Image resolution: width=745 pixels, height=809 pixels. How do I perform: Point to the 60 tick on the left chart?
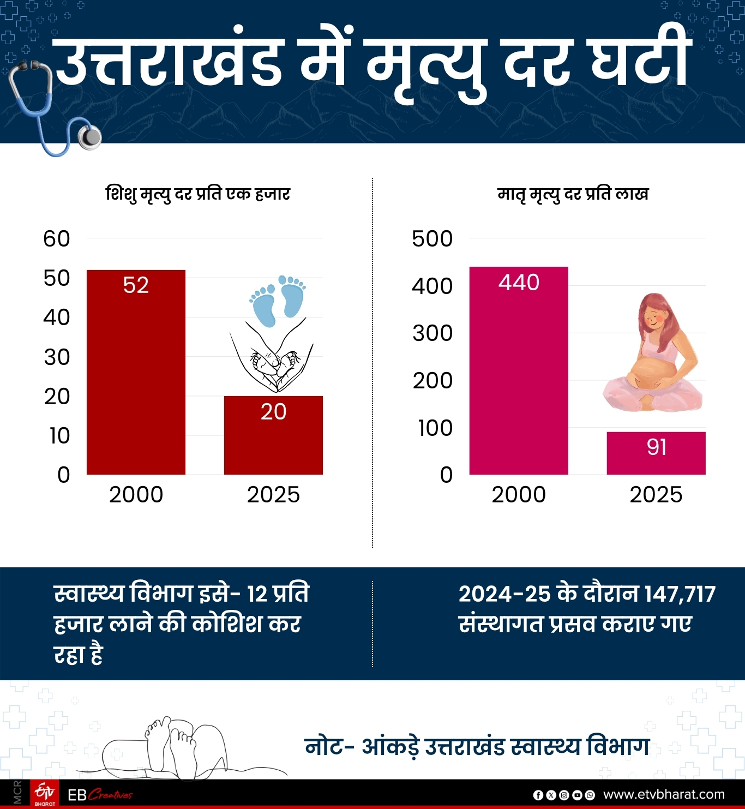point(57,239)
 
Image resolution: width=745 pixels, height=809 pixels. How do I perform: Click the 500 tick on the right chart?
point(432,239)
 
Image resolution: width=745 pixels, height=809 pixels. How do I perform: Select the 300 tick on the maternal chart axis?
point(432,333)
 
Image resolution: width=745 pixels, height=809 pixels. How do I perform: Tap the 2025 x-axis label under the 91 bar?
point(656,495)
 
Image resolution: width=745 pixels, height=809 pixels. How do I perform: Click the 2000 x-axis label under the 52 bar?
point(136,495)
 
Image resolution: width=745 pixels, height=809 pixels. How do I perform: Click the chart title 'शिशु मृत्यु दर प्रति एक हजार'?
point(197,194)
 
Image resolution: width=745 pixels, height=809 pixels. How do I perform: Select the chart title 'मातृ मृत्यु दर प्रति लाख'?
point(573,194)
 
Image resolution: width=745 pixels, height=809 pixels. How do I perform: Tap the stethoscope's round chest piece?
point(89,137)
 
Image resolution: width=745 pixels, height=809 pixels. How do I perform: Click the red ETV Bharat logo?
point(45,794)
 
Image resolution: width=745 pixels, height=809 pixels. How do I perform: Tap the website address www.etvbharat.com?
point(664,794)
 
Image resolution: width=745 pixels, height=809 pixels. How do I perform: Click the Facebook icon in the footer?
point(538,795)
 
